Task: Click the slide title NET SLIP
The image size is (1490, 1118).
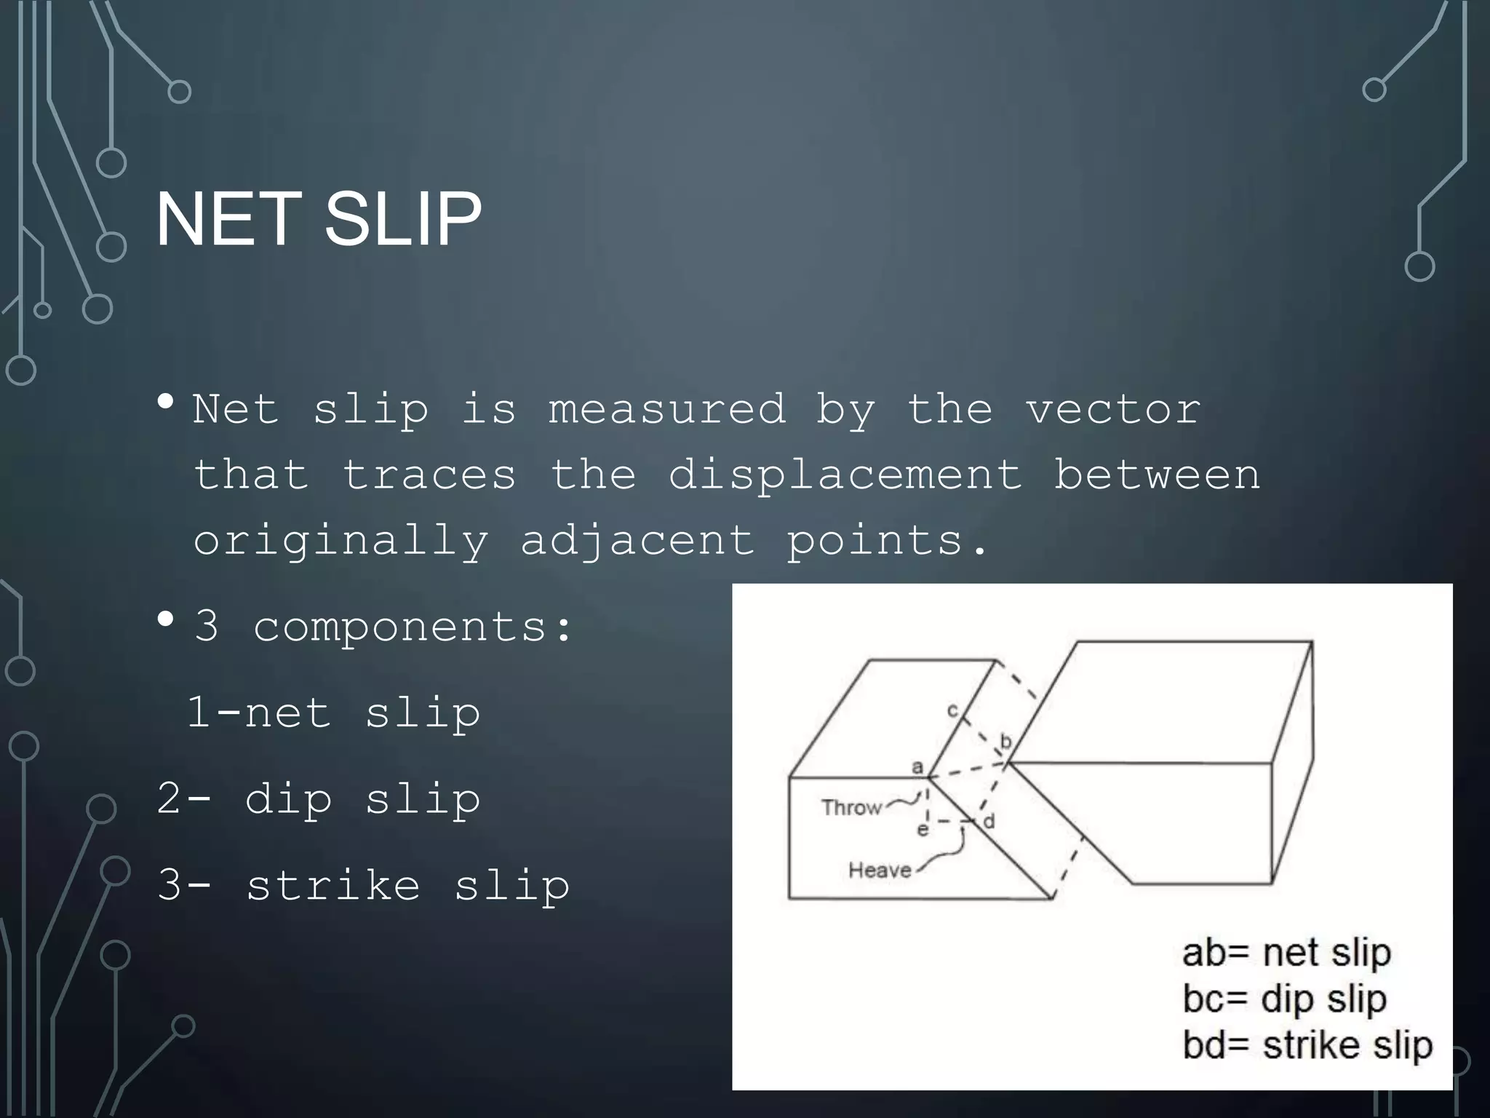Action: [x=319, y=218]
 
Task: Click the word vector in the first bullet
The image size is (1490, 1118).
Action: [x=1113, y=410]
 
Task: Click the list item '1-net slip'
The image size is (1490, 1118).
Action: [x=333, y=713]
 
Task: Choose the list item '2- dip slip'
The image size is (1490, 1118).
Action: [x=319, y=799]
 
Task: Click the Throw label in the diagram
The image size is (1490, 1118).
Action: [x=851, y=807]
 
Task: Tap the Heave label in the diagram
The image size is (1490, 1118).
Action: [x=880, y=870]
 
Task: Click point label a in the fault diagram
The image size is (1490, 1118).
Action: [x=917, y=767]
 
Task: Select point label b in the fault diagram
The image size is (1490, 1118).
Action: [x=1006, y=742]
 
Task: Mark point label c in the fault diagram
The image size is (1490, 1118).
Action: [x=952, y=710]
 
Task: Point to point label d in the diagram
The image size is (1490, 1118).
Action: [x=989, y=822]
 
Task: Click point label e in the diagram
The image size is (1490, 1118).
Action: [x=923, y=830]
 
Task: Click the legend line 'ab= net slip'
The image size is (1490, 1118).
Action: [x=1286, y=953]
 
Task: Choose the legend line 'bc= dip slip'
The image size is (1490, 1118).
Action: [x=1284, y=999]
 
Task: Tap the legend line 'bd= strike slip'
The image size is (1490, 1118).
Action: [x=1307, y=1046]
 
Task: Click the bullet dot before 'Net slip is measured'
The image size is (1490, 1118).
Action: [x=166, y=402]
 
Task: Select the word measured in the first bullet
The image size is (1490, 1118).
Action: [x=667, y=410]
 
